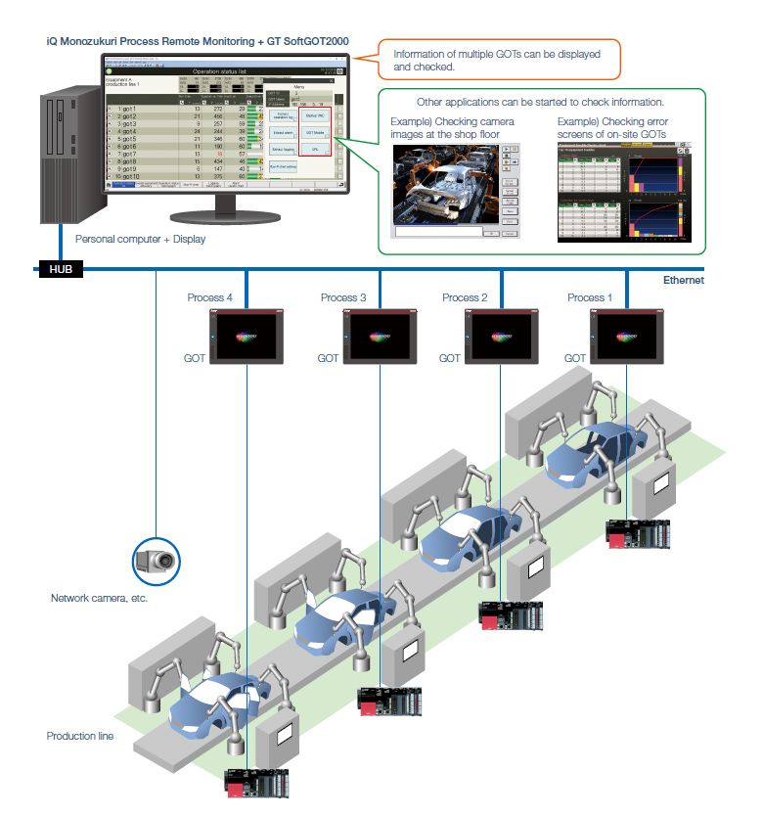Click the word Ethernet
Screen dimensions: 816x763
click(683, 280)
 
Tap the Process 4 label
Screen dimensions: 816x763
click(209, 297)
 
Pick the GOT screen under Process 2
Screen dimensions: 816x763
click(503, 337)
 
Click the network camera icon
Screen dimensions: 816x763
click(158, 561)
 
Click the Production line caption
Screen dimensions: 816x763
click(80, 736)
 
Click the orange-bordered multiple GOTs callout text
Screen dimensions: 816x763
click(496, 61)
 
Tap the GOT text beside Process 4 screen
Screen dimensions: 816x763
click(195, 359)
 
